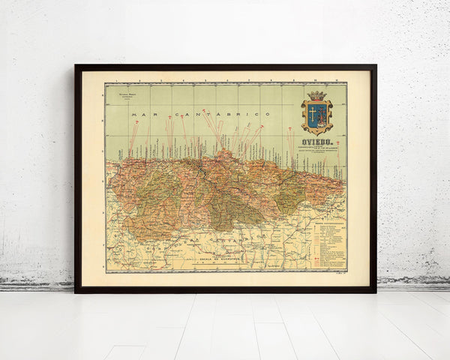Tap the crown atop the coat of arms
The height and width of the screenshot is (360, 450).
click(317, 96)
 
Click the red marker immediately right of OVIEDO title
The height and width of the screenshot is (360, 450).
click(338, 142)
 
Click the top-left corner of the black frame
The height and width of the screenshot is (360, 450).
click(76, 66)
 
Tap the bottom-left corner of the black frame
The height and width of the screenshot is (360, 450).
click(76, 291)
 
